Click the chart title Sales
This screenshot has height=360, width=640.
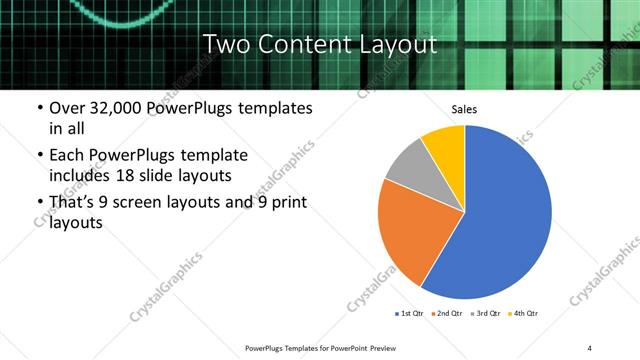click(x=464, y=109)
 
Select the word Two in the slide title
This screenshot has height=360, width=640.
click(x=224, y=45)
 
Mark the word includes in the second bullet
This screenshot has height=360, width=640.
click(x=86, y=176)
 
